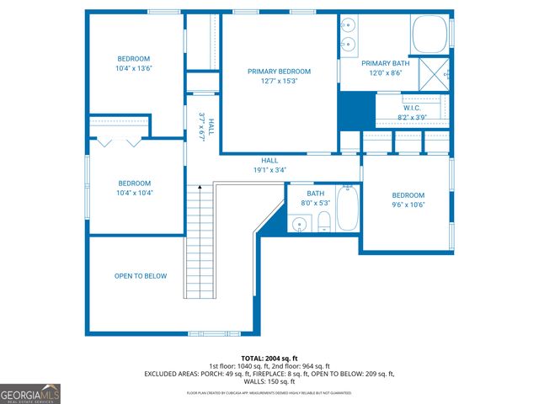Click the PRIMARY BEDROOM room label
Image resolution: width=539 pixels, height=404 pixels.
(279, 72)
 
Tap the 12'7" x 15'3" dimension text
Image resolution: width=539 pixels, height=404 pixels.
(279, 82)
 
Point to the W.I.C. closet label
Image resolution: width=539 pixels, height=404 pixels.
(412, 108)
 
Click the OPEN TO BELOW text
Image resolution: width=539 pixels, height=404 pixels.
(141, 276)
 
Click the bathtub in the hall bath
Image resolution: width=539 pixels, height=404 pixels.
(349, 210)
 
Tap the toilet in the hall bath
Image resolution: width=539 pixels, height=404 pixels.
(323, 223)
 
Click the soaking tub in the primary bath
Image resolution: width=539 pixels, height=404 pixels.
(430, 35)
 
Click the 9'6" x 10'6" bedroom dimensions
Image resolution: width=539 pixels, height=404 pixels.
(408, 205)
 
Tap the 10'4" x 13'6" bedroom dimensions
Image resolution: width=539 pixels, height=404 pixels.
(134, 68)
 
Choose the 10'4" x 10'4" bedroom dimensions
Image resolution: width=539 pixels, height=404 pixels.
(134, 193)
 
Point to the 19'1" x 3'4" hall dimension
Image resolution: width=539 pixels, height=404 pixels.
(269, 170)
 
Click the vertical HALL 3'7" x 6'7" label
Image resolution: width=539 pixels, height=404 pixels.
(206, 127)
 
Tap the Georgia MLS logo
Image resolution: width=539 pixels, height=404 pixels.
(30, 394)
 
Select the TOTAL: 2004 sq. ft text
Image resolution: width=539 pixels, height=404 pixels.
(269, 359)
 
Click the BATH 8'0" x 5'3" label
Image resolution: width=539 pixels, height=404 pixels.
(315, 198)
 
